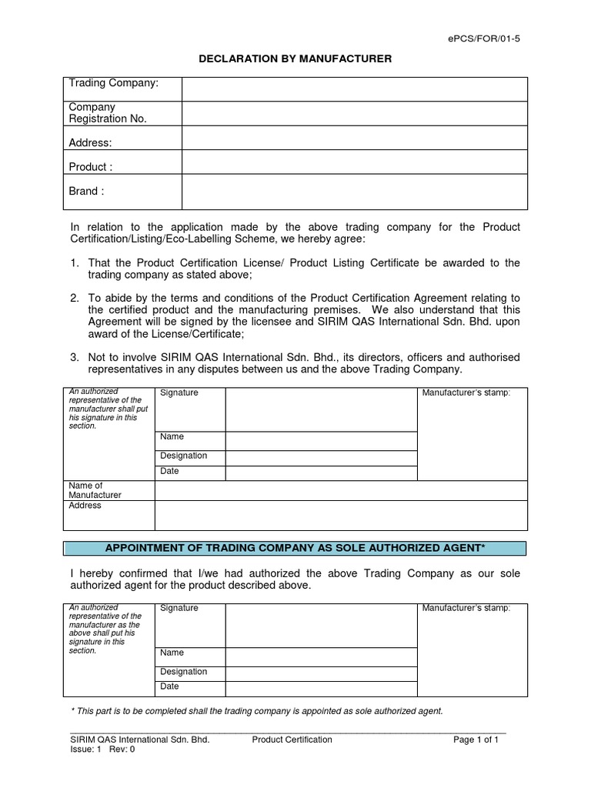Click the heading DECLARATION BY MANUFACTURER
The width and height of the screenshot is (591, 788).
tap(295, 59)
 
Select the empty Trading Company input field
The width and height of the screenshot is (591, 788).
tap(354, 88)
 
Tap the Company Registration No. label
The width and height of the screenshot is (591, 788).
tap(108, 113)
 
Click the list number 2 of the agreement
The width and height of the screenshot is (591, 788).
tap(75, 298)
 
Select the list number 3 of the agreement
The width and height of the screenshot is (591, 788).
tap(75, 357)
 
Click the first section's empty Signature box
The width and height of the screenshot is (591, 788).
tap(320, 409)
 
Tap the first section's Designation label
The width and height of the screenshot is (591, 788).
tap(183, 456)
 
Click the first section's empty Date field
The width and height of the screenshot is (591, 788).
tap(320, 472)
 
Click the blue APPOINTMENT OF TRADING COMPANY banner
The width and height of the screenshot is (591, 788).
tap(295, 548)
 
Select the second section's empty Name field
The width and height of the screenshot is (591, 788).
tap(320, 655)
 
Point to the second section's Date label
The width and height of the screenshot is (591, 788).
tap(169, 686)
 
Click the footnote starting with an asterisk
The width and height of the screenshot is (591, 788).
tap(256, 711)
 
